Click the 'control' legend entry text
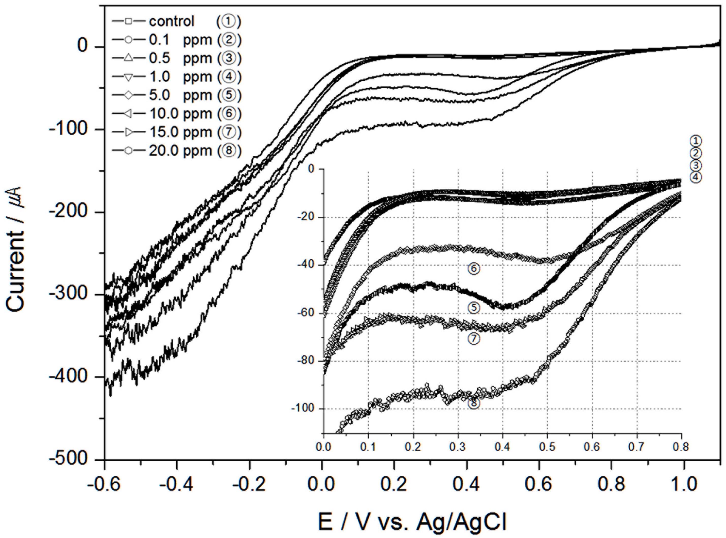pyautogui.click(x=172, y=22)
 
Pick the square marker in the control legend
pyautogui.click(x=128, y=22)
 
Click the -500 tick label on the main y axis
pyautogui.click(x=68, y=459)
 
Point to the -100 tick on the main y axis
pyautogui.click(x=68, y=129)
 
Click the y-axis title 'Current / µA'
pyautogui.click(x=16, y=249)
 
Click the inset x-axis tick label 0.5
pyautogui.click(x=547, y=447)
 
